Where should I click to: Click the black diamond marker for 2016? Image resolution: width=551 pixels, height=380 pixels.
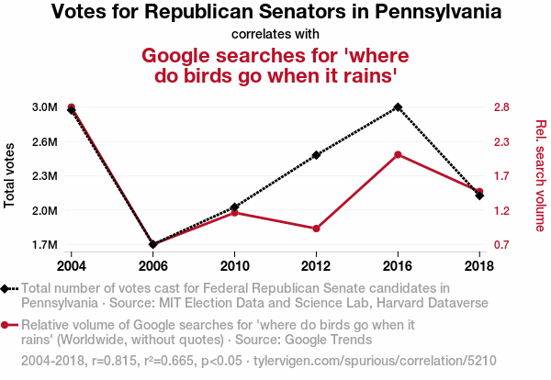(398, 107)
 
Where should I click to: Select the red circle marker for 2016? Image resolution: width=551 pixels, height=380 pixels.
(398, 154)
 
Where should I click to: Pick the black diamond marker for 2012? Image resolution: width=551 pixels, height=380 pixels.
(316, 155)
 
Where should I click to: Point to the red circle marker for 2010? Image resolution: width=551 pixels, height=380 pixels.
(234, 212)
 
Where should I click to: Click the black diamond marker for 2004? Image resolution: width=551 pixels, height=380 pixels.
(72, 110)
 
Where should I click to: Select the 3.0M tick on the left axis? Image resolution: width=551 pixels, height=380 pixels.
(43, 107)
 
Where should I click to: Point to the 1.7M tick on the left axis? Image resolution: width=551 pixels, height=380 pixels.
(43, 245)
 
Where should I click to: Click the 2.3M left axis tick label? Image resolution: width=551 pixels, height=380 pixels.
(43, 176)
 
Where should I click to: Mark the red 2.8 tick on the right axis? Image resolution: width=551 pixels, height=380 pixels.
(500, 107)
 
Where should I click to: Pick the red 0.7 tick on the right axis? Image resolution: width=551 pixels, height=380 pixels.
(500, 245)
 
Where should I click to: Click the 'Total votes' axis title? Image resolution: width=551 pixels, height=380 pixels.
(10, 175)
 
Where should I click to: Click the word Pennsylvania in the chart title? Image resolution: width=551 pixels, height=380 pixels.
(433, 13)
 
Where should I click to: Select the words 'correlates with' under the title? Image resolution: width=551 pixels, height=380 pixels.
(275, 35)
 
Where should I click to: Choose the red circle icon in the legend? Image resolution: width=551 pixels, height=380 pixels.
(7, 325)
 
